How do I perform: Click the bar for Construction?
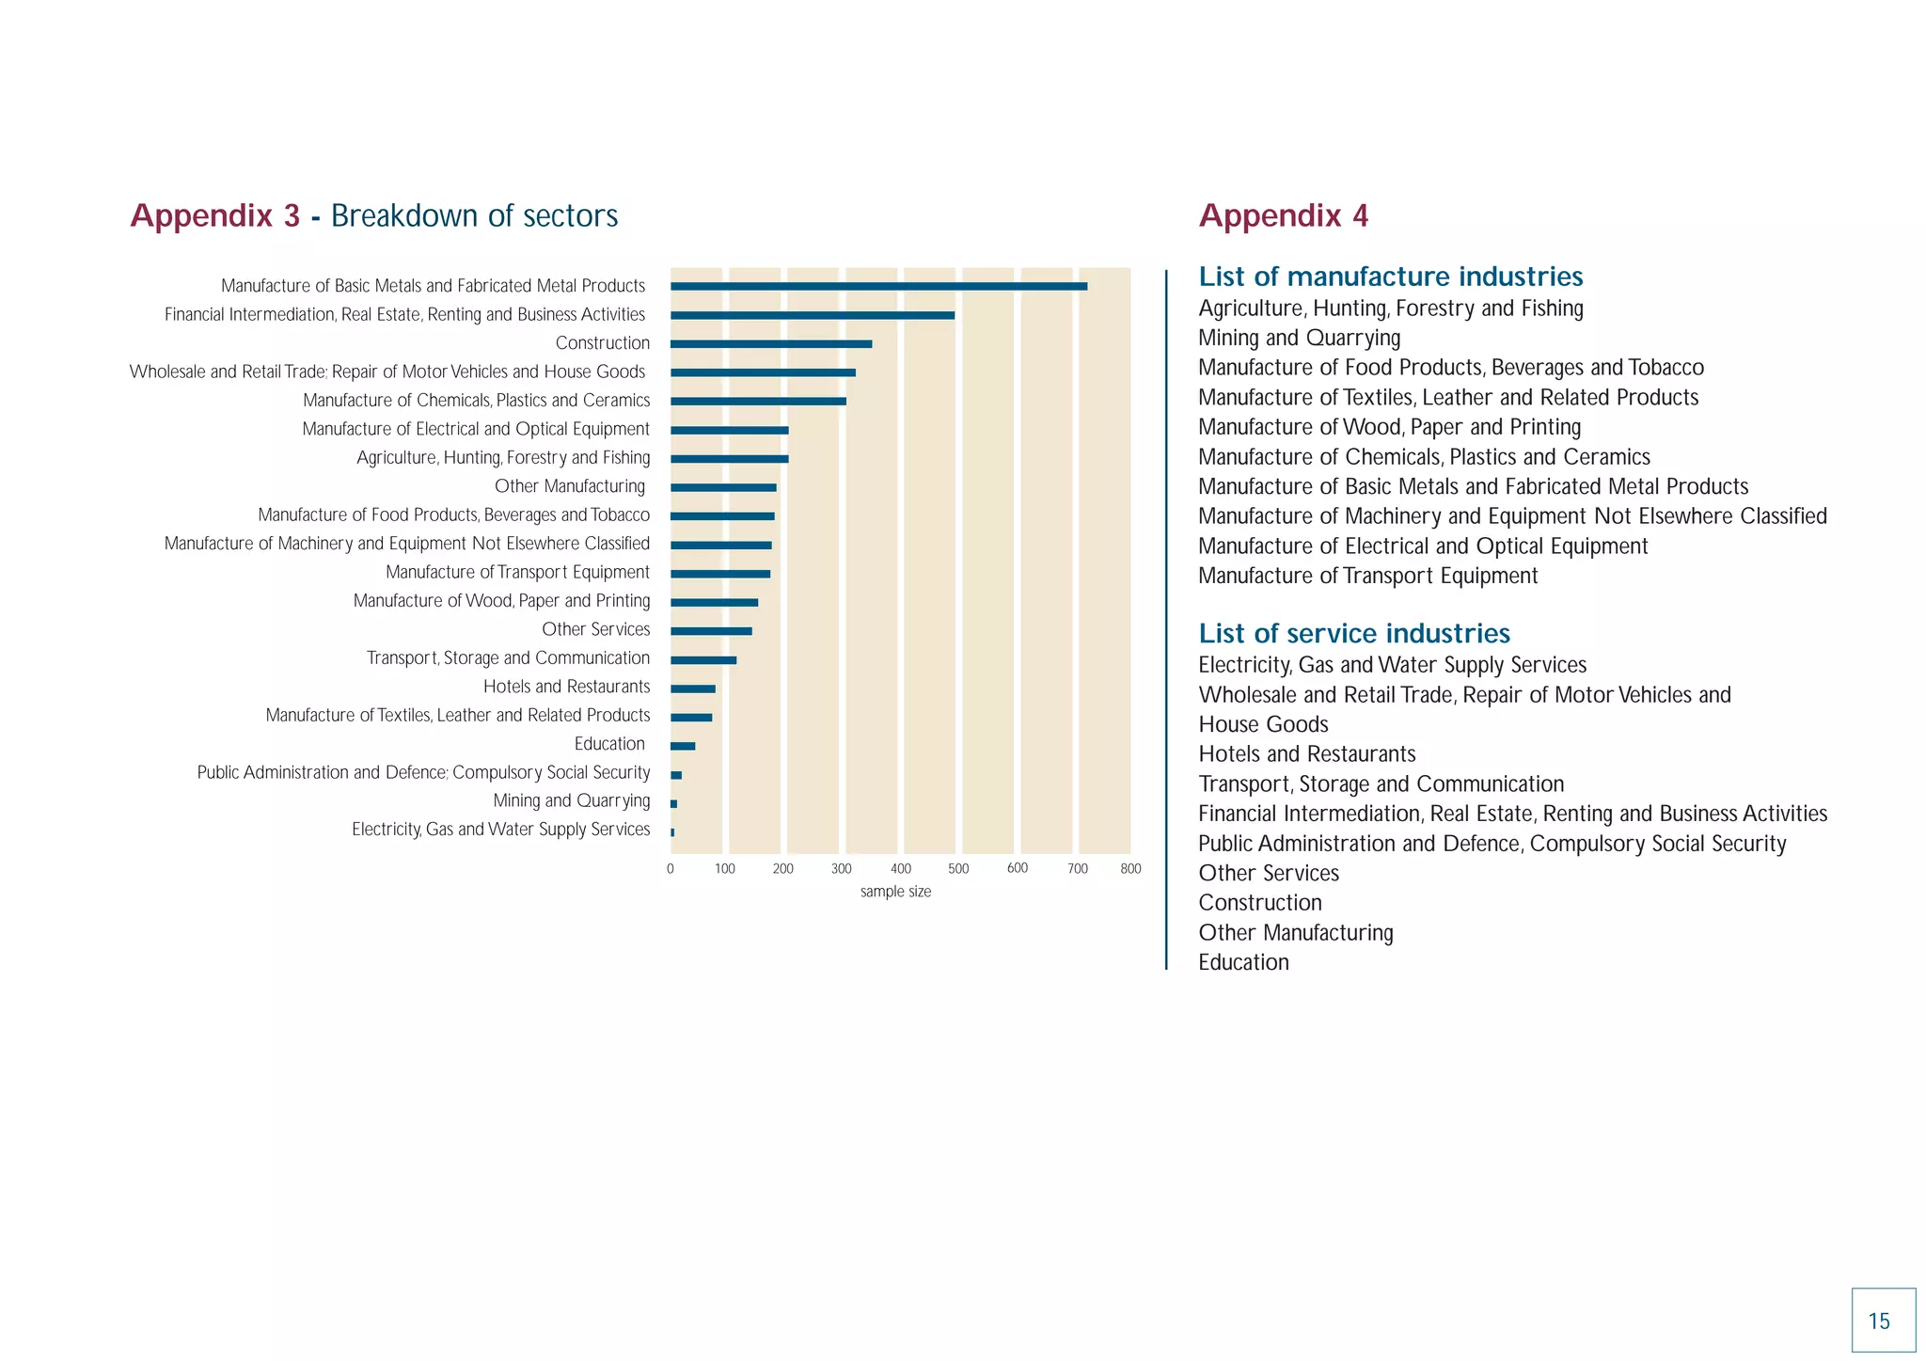pos(771,344)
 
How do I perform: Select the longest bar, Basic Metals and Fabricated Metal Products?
pos(878,287)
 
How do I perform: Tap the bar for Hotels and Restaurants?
pos(693,689)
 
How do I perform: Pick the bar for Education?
pos(683,747)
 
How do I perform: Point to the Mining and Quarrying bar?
pos(673,804)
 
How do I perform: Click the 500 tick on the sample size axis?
pos(958,869)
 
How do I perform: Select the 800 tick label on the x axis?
pos(1130,869)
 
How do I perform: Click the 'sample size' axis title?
pos(895,892)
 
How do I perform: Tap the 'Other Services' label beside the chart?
pos(595,629)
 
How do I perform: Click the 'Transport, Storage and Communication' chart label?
pos(508,658)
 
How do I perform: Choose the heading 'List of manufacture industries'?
pos(1390,277)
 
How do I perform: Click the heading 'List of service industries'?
pos(1354,633)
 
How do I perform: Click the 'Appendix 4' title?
pos(1283,215)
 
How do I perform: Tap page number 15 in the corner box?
pos(1879,1321)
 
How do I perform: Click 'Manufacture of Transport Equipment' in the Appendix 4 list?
pos(1367,576)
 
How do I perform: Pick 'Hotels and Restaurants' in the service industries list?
pos(1306,754)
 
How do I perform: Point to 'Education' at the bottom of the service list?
pos(1243,962)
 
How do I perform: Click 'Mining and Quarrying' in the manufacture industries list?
pos(1299,338)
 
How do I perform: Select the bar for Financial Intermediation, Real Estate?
pos(813,316)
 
